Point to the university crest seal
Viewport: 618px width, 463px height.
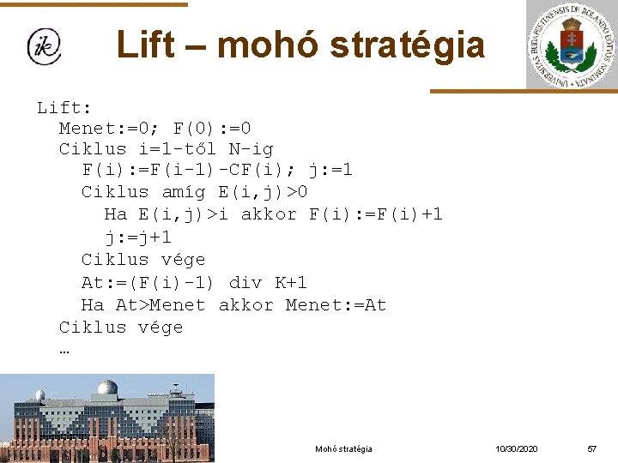(x=572, y=45)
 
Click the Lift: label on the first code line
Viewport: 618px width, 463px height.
(x=64, y=107)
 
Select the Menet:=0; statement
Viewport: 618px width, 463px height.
(x=110, y=129)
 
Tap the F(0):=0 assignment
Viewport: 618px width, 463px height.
(x=212, y=129)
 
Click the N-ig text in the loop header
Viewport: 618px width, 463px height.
(x=251, y=149)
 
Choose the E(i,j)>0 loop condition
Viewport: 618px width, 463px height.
(x=263, y=192)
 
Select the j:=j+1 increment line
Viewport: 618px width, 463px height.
(x=138, y=238)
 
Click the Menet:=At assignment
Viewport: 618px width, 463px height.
(x=336, y=305)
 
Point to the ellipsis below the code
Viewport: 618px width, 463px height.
(x=65, y=349)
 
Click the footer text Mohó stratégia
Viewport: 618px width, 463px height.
(x=343, y=448)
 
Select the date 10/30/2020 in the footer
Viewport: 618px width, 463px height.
(x=517, y=448)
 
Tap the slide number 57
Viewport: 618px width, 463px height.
(x=591, y=448)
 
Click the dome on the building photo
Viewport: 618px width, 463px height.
(x=107, y=388)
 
